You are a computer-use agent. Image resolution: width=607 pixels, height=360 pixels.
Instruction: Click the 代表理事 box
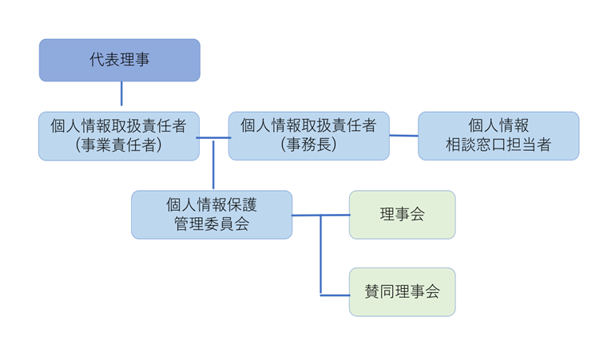tap(119, 60)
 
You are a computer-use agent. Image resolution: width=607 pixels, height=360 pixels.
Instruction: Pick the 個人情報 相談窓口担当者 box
tap(498, 136)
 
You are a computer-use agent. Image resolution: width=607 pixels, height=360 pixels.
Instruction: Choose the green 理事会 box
tap(402, 215)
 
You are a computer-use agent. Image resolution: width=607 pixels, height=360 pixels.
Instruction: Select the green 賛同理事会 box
tap(402, 292)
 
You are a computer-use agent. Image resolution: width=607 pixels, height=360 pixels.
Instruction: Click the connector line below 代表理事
tap(121, 93)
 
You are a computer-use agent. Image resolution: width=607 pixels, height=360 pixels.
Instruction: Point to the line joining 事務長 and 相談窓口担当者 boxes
tap(403, 135)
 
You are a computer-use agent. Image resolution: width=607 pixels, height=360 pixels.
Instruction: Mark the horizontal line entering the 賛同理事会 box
tap(335, 295)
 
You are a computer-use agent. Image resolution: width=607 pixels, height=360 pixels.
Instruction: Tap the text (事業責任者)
tap(119, 145)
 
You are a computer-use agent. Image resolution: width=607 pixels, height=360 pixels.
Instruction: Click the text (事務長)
tap(308, 145)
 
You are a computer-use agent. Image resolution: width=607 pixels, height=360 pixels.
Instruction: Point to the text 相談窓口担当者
tap(498, 145)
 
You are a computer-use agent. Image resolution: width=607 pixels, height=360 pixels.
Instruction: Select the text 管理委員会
tap(212, 224)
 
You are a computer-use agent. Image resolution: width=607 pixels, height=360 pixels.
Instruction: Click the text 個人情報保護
tap(212, 205)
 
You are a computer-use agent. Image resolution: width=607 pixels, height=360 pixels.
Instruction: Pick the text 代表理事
tap(119, 60)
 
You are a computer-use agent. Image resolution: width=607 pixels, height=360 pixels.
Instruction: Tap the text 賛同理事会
tap(402, 292)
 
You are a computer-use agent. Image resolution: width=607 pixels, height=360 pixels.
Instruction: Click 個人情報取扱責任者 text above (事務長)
tap(308, 125)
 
